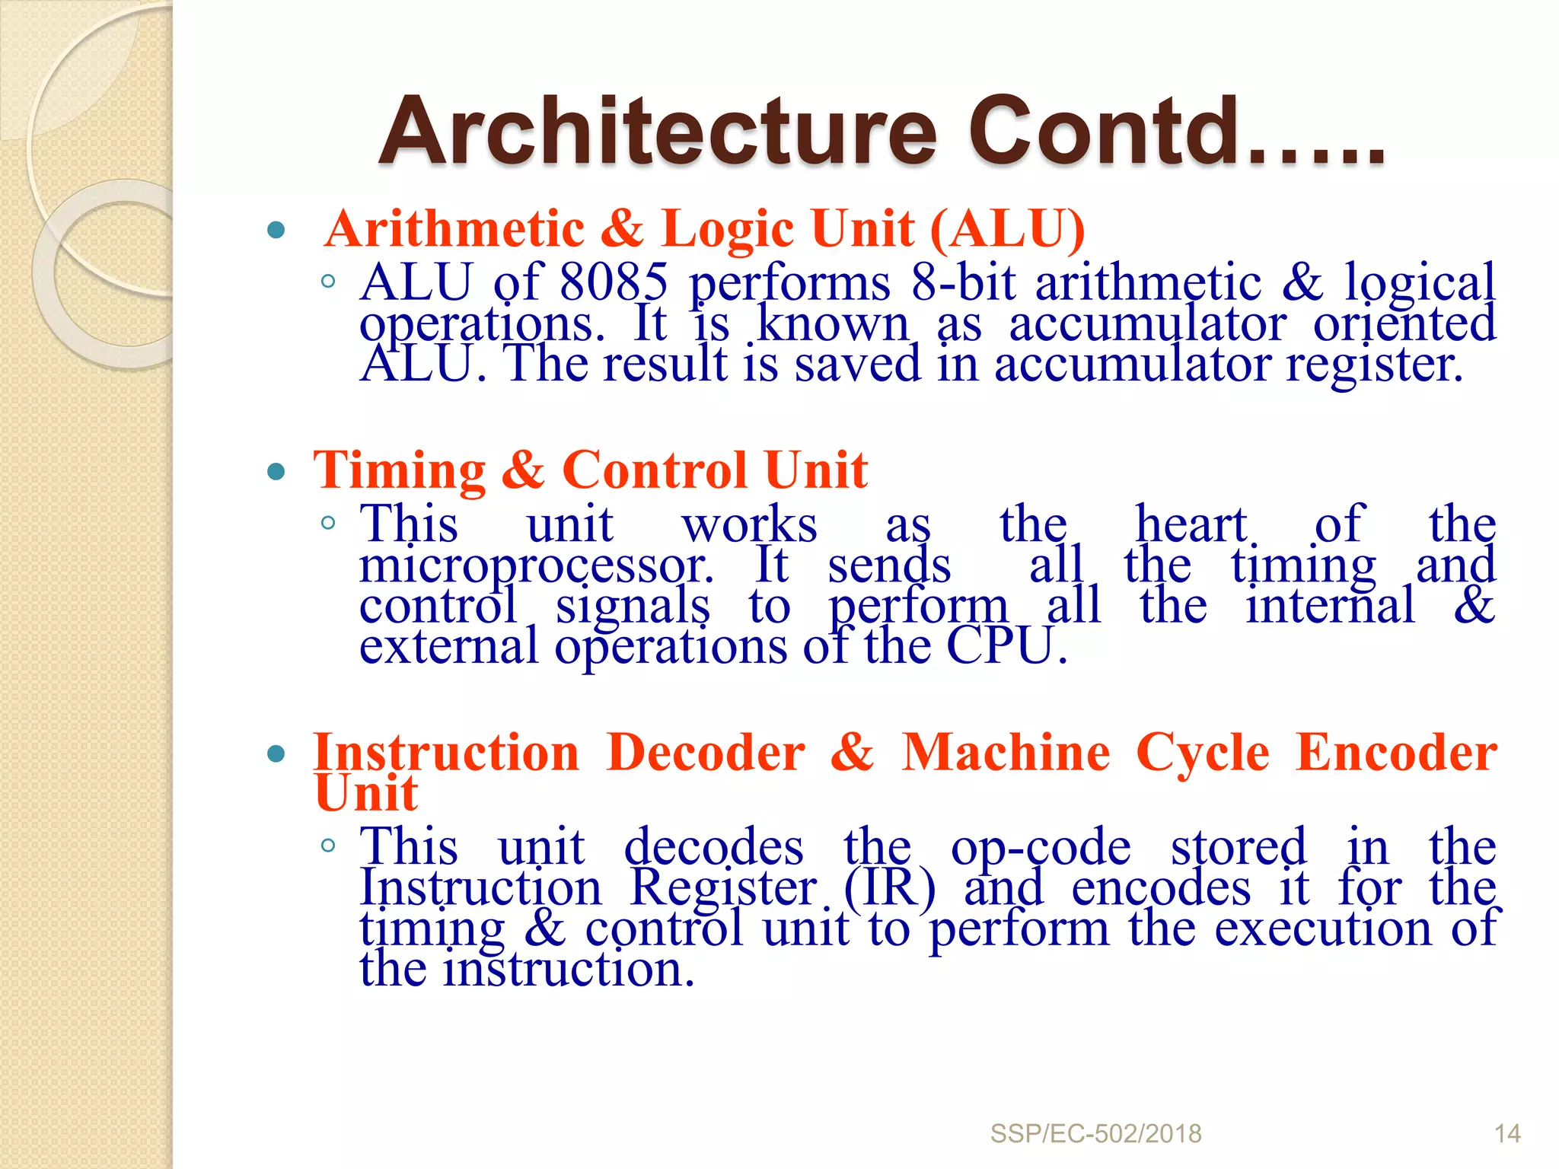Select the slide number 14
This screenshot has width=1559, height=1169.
coord(1507,1134)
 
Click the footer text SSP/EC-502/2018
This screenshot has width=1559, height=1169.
coord(1095,1134)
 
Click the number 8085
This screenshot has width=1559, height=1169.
coord(614,282)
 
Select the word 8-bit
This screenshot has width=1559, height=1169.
coord(963,282)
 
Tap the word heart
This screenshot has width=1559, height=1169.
coord(1191,524)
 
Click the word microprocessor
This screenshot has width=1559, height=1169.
coord(537,566)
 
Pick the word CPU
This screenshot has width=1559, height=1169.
coord(1005,647)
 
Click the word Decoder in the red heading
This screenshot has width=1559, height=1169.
coord(706,753)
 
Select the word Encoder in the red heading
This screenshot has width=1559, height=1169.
coord(1396,753)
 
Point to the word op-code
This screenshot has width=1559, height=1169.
coord(1041,847)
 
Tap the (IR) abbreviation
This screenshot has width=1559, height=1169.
coord(889,887)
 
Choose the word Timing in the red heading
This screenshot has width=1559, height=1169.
coord(400,470)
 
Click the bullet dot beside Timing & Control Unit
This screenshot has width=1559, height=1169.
coord(276,472)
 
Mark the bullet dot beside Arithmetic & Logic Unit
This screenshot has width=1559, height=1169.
coord(276,230)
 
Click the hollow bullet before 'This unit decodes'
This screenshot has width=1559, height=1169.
coord(328,845)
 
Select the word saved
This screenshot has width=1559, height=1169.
coord(858,364)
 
